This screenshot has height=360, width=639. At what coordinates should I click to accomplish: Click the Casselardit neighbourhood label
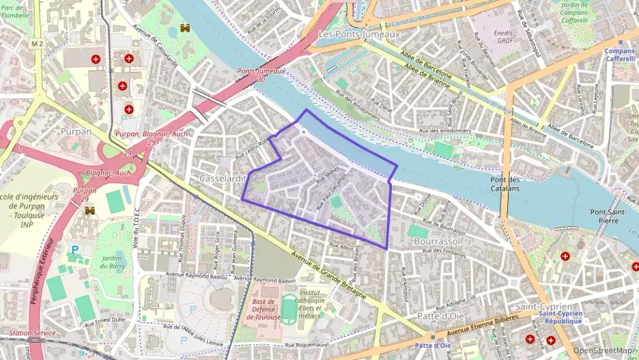pos(222,178)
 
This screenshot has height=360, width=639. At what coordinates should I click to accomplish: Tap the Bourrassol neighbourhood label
pos(437,242)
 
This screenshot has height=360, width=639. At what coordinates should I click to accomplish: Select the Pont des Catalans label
pos(506,184)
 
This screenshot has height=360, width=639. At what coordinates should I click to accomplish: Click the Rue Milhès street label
pos(328,176)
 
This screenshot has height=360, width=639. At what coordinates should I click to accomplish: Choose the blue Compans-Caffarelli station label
pos(620,55)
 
